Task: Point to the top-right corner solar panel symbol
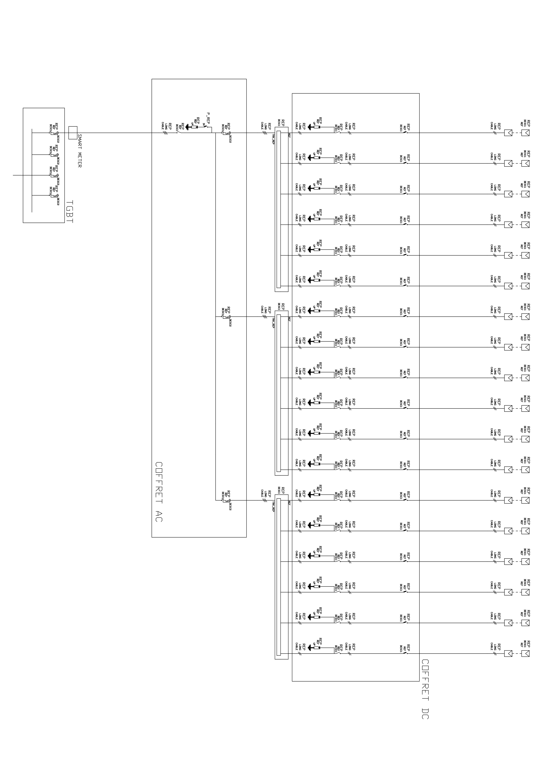pos(525,133)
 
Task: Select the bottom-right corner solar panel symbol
pos(525,653)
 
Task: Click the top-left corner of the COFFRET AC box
pos(152,79)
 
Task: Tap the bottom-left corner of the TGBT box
pos(23,223)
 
